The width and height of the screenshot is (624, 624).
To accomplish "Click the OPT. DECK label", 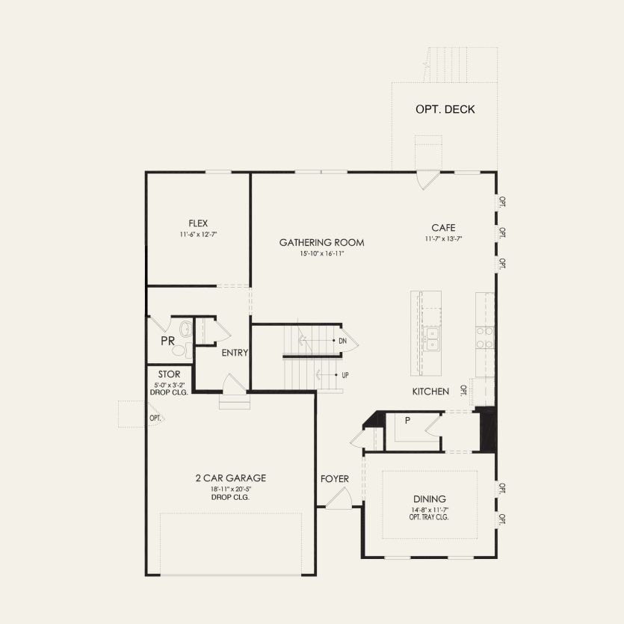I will (x=445, y=109).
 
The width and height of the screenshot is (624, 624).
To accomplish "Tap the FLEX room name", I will (x=198, y=223).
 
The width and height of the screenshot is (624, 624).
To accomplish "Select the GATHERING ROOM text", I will (x=321, y=242).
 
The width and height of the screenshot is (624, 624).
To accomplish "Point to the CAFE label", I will (x=443, y=228).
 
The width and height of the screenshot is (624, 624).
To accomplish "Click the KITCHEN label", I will (x=430, y=391).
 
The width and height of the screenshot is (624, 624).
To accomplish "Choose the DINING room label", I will (x=429, y=499).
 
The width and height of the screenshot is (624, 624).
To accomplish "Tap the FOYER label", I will (x=335, y=478).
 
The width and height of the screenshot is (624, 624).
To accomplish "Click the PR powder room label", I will (x=167, y=341).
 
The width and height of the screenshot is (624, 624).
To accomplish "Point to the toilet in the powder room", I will (x=185, y=332).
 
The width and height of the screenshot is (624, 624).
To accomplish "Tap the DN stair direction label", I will (x=342, y=341).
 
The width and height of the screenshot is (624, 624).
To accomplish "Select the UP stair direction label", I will (x=345, y=374).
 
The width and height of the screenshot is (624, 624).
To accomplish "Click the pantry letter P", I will (x=407, y=421).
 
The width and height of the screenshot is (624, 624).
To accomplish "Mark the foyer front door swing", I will (x=339, y=499).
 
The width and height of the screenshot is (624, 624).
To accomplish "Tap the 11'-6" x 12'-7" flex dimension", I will (x=198, y=235).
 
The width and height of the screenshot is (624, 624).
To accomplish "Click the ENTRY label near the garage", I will (x=235, y=353).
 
